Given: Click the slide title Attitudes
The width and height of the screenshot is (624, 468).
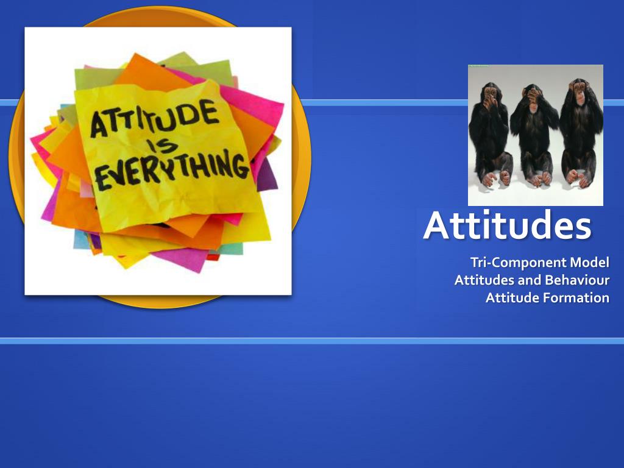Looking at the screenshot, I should click(x=507, y=225).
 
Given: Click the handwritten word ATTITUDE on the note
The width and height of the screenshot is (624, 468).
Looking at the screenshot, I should click(x=155, y=119).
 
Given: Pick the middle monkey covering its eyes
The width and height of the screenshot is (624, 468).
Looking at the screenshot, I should click(x=534, y=134).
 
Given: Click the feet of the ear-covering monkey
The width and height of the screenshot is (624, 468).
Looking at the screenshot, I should click(x=578, y=177).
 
